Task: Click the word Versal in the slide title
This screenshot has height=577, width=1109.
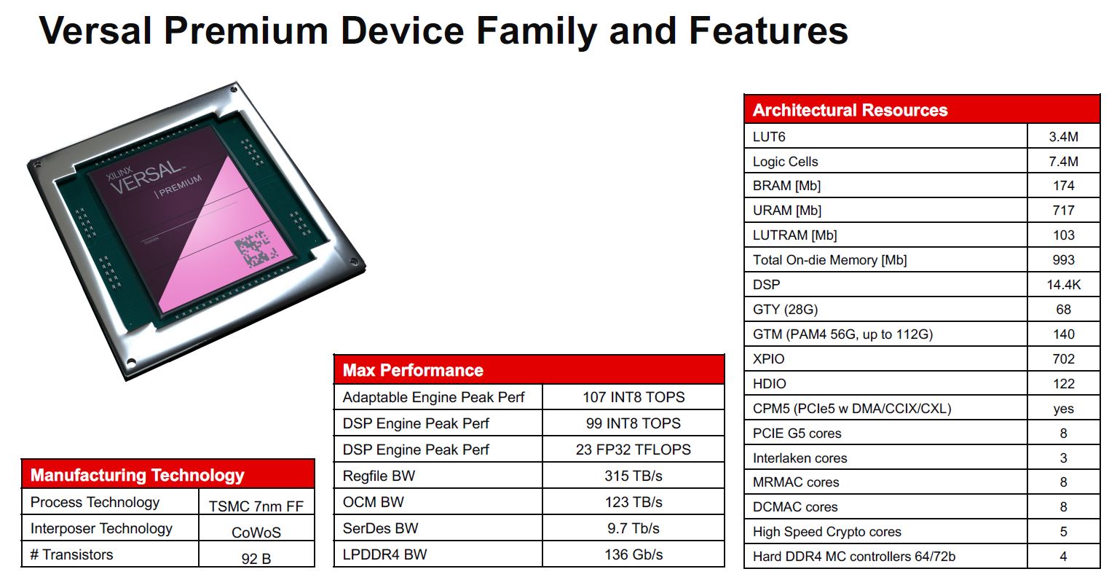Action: [95, 31]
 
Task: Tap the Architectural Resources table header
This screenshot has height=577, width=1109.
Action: [850, 110]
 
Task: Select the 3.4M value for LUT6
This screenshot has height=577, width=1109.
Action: [1063, 137]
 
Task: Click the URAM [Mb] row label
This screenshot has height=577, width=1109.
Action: [786, 211]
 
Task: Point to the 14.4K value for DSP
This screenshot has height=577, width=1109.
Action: [1063, 285]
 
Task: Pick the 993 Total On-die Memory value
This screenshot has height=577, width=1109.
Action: [1063, 260]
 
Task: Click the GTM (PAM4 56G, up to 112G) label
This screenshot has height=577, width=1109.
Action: [842, 334]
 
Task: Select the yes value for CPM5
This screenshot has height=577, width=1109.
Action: [1063, 409]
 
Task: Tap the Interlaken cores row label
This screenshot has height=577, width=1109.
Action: [800, 458]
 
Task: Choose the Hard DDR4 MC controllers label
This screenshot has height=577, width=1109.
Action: [854, 556]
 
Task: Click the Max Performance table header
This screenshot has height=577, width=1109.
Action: [413, 370]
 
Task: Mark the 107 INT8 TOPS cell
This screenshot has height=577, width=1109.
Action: [634, 397]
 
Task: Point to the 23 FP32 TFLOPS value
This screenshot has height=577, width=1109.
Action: [634, 450]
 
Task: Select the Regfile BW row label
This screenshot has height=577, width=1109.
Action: [379, 476]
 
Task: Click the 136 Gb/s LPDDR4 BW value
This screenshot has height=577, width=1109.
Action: [634, 554]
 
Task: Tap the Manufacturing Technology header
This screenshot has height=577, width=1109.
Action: [137, 475]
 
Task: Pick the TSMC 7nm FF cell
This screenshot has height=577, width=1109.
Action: [256, 506]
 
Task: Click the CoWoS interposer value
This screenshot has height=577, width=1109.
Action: [256, 533]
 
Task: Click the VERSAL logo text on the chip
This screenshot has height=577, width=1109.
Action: [146, 176]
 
